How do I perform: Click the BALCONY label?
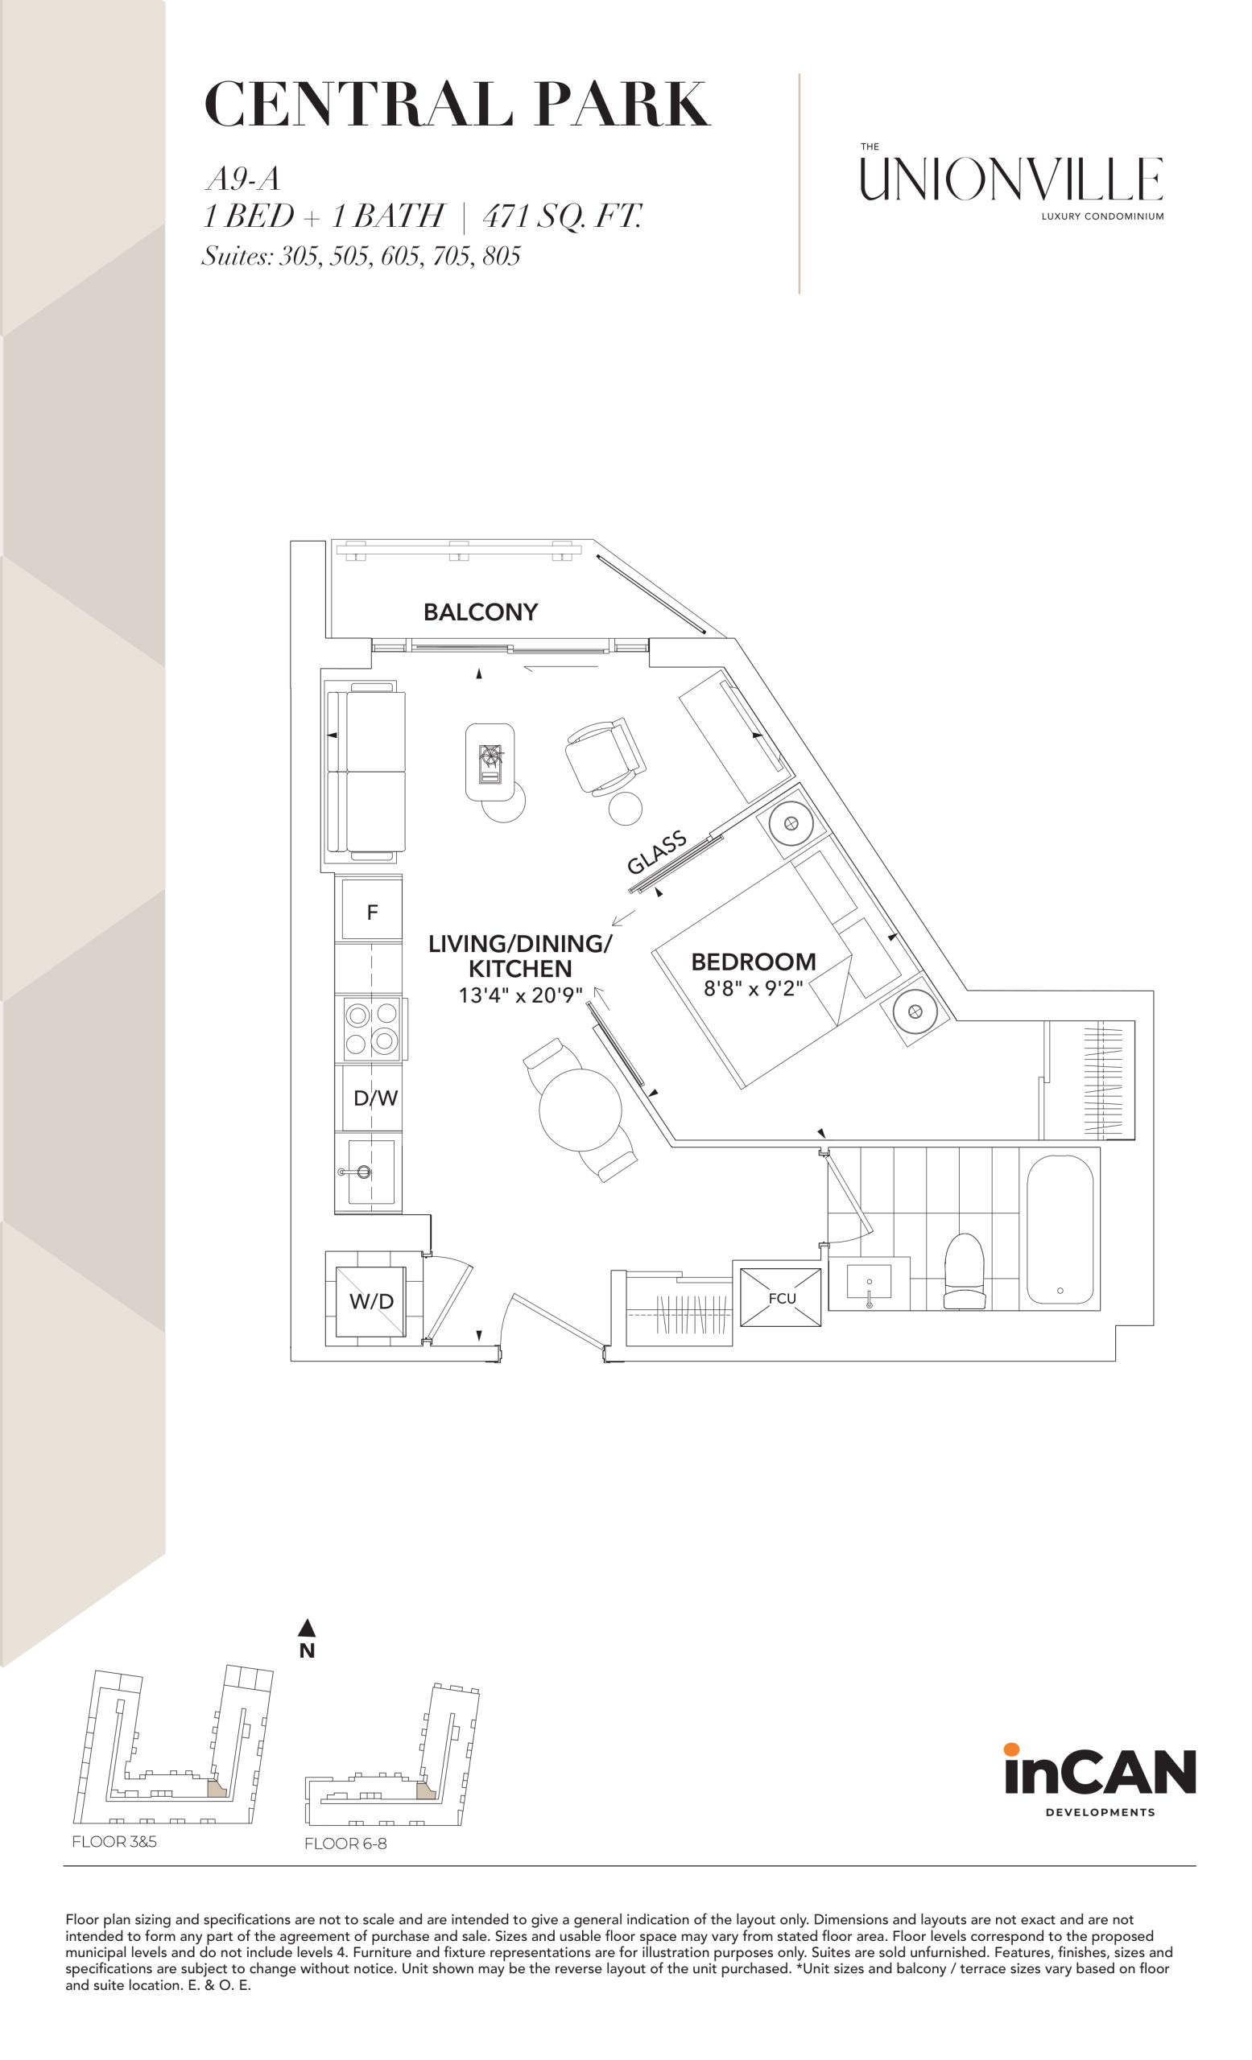480,613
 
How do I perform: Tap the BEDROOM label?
753,962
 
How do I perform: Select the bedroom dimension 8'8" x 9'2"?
753,989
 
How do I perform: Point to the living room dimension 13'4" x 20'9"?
520,995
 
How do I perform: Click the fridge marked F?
372,911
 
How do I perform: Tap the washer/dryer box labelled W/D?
372,1302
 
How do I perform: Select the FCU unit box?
780,1296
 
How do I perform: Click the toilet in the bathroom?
965,1271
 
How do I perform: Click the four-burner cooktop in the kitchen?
371,1028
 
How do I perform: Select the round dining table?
581,1110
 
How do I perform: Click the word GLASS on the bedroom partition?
657,851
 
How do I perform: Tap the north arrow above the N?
307,1628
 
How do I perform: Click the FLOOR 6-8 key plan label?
345,1844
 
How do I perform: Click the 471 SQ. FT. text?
562,216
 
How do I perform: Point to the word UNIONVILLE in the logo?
1012,179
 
